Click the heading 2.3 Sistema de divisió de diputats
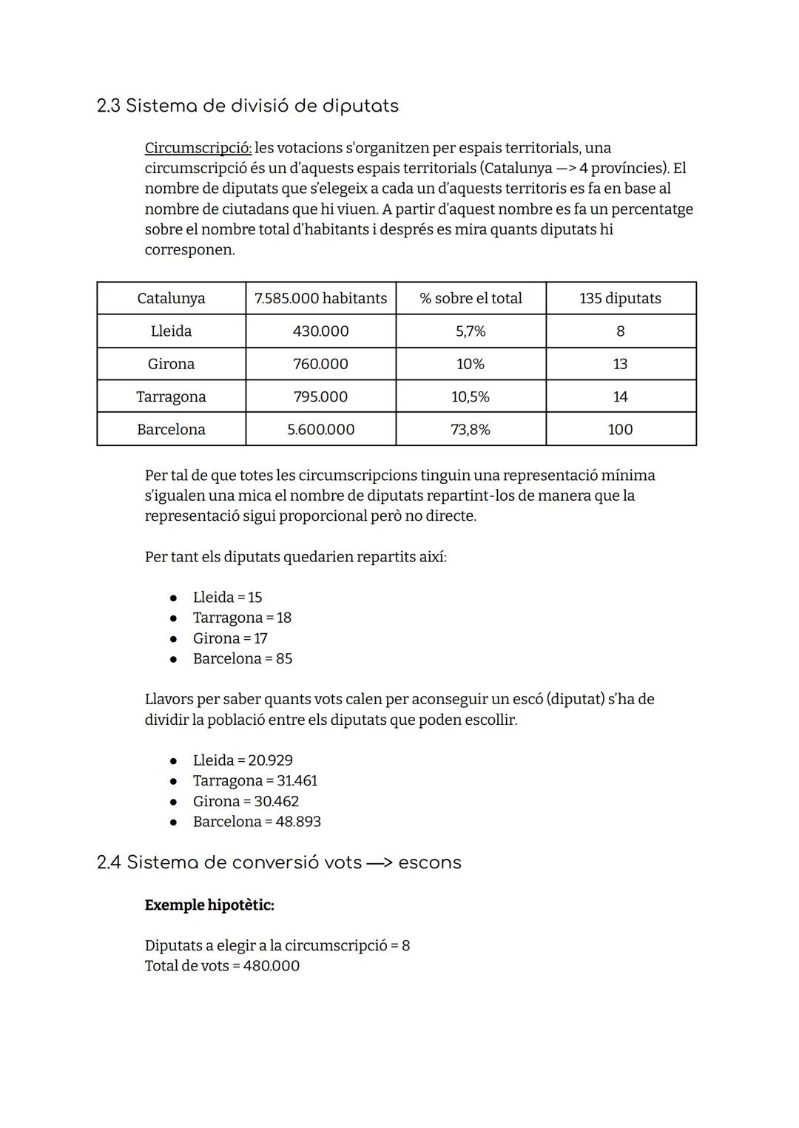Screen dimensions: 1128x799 247,106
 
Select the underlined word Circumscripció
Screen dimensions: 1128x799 198,148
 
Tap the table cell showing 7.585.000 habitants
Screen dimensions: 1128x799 320,298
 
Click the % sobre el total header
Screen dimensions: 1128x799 471,298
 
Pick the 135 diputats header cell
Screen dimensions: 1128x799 620,298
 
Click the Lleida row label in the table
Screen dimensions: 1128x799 171,331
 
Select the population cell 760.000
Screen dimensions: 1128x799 320,364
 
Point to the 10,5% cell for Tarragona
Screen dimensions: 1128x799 471,396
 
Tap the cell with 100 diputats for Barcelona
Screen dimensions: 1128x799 620,429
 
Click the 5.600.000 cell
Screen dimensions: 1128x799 320,429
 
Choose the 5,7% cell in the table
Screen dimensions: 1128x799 471,331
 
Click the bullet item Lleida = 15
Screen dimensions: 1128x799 227,597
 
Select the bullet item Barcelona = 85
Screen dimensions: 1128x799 242,658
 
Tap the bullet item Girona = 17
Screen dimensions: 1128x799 229,638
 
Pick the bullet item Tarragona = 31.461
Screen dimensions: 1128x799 254,780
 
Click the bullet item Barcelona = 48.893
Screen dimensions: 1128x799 257,822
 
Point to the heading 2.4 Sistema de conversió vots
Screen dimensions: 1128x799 279,862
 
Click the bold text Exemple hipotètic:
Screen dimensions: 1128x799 209,905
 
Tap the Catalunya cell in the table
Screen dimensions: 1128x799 171,298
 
